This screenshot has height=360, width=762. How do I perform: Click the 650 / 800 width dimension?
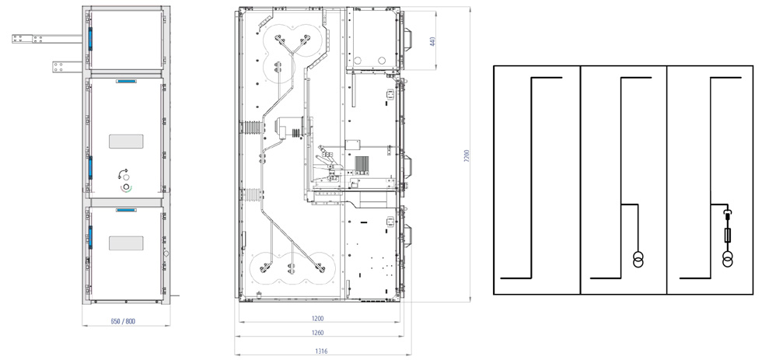(x=123, y=321)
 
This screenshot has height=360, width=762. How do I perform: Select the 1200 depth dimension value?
(x=316, y=319)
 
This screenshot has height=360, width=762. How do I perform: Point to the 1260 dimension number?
(x=316, y=333)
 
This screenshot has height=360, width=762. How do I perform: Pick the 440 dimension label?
(x=432, y=41)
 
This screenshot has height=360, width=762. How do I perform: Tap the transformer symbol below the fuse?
(x=728, y=259)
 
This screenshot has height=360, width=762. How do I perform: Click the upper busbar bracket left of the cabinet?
(x=47, y=39)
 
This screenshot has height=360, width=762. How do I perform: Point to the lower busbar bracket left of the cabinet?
(x=67, y=67)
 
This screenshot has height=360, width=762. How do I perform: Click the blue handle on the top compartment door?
(x=90, y=38)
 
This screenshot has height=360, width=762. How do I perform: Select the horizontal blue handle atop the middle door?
(x=126, y=81)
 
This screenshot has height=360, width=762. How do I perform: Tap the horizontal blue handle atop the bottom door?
(x=126, y=211)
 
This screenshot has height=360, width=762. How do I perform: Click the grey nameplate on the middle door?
(x=126, y=142)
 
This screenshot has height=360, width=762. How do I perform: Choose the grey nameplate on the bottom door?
(x=126, y=243)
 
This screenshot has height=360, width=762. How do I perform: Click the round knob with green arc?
(x=126, y=187)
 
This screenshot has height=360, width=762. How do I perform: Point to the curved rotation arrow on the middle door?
(x=123, y=173)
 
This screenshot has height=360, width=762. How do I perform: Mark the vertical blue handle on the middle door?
(x=90, y=168)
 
